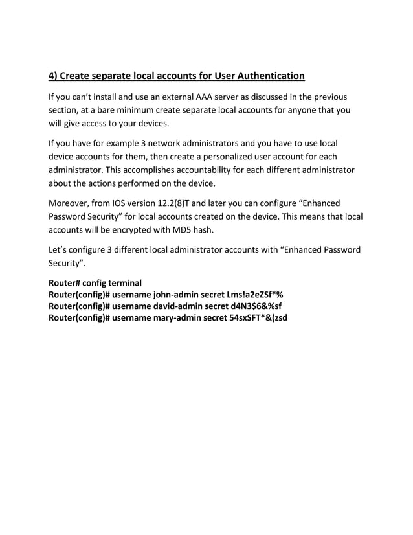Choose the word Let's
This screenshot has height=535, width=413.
pyautogui.click(x=60, y=249)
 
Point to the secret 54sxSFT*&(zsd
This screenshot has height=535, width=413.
pyautogui.click(x=259, y=318)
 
